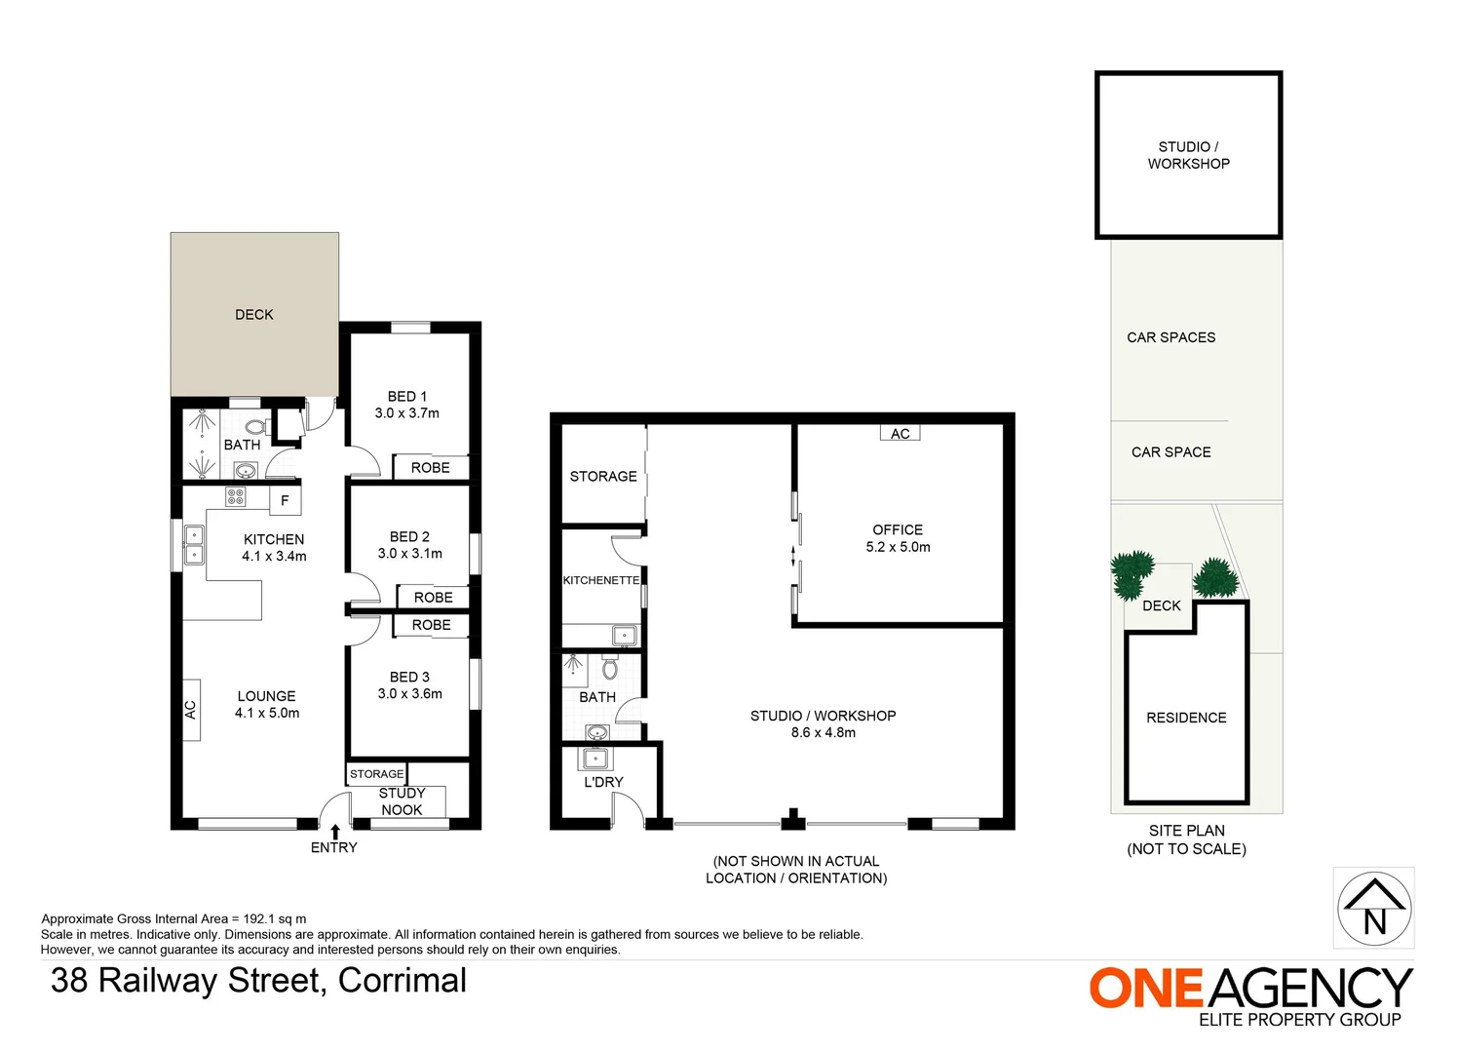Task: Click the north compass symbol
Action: pos(1373,908)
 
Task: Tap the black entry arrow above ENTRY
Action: pos(335,832)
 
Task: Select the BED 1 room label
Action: pos(407,397)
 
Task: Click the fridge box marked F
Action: pos(286,500)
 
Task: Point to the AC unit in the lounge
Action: pos(191,710)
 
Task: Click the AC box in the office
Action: pos(901,434)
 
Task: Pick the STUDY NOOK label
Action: pos(402,801)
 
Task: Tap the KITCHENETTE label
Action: pos(601,580)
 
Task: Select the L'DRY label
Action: pos(603,782)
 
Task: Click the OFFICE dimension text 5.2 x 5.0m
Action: pos(898,547)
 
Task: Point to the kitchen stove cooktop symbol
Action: pos(236,497)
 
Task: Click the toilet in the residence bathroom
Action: pos(255,427)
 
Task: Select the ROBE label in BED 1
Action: pos(431,468)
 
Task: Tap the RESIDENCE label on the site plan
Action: pos(1186,718)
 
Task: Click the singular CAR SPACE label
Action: pos(1170,452)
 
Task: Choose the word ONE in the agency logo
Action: pos(1146,989)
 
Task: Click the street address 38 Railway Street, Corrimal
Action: pos(258,980)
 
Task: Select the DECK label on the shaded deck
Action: pos(254,315)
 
